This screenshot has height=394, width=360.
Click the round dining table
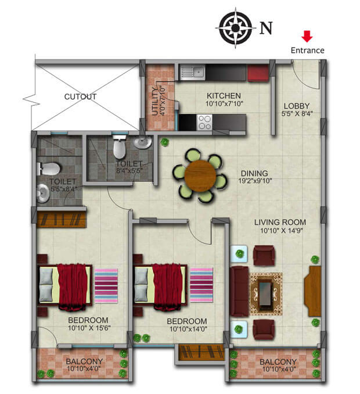point(200,175)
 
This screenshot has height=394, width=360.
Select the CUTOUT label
point(80,96)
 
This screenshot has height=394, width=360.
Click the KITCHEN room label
point(224,96)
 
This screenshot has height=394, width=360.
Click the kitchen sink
point(191,73)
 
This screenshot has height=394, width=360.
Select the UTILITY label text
point(154,101)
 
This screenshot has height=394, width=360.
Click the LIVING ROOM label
point(280,222)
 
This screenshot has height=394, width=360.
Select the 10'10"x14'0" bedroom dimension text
point(187,329)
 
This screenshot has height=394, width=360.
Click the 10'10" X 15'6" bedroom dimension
point(88,328)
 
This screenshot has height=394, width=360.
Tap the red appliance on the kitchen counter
point(256,73)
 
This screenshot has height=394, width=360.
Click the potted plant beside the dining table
point(165,141)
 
